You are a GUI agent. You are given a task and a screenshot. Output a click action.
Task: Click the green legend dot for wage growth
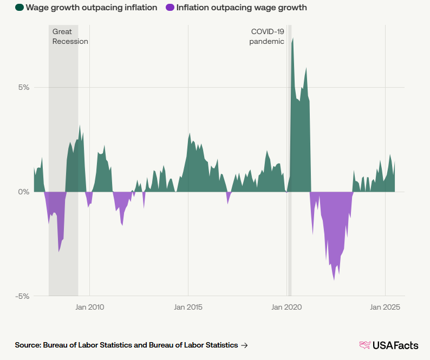coord(19,8)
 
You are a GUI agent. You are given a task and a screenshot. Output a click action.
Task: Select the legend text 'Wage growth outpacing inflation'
coord(92,8)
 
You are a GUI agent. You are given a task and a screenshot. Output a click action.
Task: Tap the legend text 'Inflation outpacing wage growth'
coord(241,8)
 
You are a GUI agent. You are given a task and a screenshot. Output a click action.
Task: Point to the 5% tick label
coord(24,87)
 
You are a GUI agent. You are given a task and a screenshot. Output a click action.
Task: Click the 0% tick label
coord(24,192)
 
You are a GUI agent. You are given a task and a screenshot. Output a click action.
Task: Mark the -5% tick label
coord(22,296)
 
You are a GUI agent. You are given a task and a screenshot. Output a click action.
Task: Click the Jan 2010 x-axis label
coord(89,307)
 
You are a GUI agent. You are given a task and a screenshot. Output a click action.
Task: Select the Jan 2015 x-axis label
coord(188,307)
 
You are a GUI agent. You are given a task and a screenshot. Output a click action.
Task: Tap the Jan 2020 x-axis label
coord(286,307)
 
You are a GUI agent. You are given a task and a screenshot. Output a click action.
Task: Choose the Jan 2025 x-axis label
coord(385,307)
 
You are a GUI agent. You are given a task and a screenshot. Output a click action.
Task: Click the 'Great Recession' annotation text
coord(70,36)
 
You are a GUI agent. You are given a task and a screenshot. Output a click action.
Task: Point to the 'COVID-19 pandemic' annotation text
coord(267,36)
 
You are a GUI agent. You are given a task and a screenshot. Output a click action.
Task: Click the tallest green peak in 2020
coord(292,39)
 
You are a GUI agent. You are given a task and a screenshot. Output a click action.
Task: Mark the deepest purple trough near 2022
coord(334,279)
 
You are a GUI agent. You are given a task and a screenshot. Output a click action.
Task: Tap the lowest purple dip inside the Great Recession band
coord(59,251)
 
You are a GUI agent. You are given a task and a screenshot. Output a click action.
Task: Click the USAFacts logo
coord(389,345)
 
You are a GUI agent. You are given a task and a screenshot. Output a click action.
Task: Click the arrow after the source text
coord(245,345)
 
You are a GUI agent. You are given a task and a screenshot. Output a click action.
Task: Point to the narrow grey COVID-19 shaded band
coord(290,162)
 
